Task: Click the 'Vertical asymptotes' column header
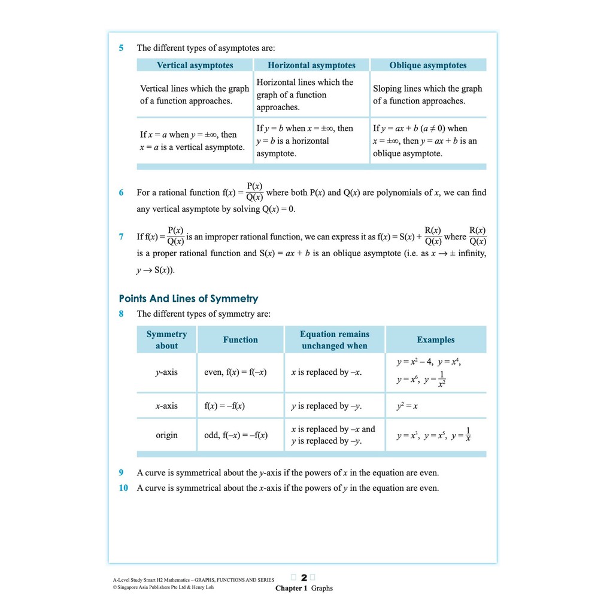(x=195, y=65)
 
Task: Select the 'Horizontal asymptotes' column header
(x=311, y=65)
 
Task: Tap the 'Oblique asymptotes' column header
(x=427, y=65)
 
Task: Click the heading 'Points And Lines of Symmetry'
(x=189, y=298)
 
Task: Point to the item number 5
(x=122, y=48)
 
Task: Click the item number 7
(x=122, y=236)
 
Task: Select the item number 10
(x=123, y=488)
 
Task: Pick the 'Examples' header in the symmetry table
(x=435, y=339)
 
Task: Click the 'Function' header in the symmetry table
(x=240, y=339)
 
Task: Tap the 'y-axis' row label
(x=166, y=372)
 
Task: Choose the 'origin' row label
(x=166, y=435)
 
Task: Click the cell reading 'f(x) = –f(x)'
(x=224, y=406)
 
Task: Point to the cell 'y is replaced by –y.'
(x=326, y=406)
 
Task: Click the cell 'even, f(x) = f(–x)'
(x=235, y=372)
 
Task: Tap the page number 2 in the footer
(x=304, y=578)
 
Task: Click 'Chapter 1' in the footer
(x=291, y=588)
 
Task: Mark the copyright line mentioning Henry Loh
(x=163, y=587)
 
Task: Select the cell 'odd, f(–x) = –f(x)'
(x=236, y=435)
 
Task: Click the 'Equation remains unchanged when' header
(x=335, y=339)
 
